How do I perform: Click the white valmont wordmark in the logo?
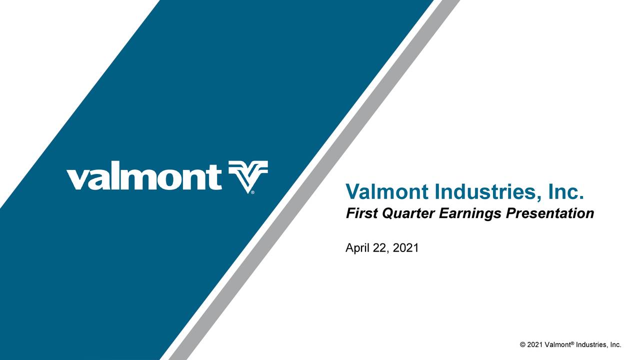click(x=144, y=177)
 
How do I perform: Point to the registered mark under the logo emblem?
click(x=253, y=192)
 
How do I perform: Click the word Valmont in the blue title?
click(x=387, y=191)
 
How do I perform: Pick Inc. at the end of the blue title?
click(x=566, y=191)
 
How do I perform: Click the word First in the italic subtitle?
click(x=361, y=213)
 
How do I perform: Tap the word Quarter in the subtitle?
click(x=408, y=213)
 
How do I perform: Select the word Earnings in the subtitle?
click(x=470, y=213)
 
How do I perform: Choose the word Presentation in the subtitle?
click(x=549, y=213)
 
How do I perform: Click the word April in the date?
click(x=357, y=248)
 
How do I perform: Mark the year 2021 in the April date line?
click(x=405, y=248)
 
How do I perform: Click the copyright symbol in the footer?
click(x=523, y=345)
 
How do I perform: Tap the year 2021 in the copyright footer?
click(x=534, y=345)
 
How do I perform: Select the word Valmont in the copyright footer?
click(x=557, y=345)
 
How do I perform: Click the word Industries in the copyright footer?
click(x=591, y=345)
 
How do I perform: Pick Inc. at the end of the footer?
click(x=615, y=345)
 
